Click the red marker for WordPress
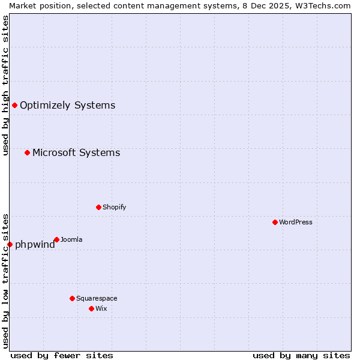coord(275,222)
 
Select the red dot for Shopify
coord(99,207)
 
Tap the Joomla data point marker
coord(56,239)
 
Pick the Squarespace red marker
coord(72,298)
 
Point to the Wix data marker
coord(91,308)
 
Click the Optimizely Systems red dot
coord(15,106)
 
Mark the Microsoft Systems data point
coord(27,152)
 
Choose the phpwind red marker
coord(10,244)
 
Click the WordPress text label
coord(296,222)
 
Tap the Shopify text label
coord(114,207)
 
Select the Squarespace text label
coord(97,298)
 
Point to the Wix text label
coord(101,308)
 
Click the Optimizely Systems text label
coord(67,106)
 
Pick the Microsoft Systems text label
coord(76,152)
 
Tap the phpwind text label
coord(35,244)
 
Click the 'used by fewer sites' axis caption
coord(62,355)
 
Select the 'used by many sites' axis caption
coord(301,355)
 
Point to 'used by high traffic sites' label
coord(5,85)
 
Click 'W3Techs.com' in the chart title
coord(325,5)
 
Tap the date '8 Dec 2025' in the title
coord(263,5)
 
